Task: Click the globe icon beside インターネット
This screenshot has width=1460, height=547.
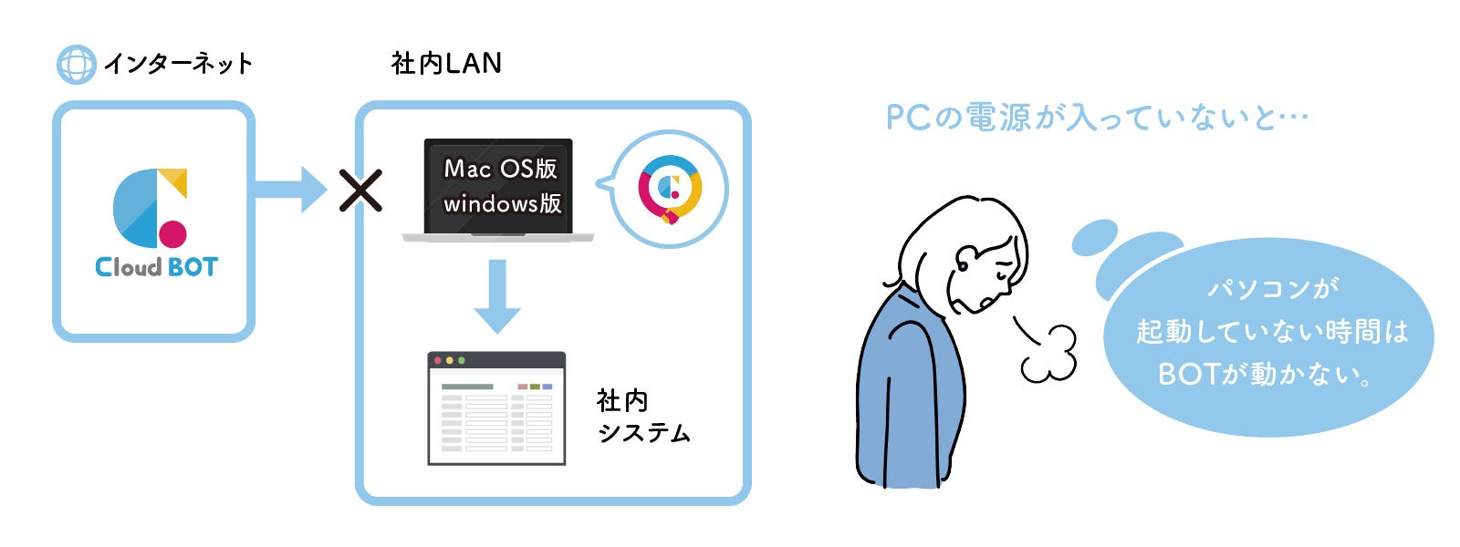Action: coord(76,65)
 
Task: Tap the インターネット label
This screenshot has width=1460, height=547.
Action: coord(177,64)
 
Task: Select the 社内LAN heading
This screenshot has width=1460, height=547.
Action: coord(446,63)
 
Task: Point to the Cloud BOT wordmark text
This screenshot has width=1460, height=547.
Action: coord(156,267)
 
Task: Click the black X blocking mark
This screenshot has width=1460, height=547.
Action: coord(360,191)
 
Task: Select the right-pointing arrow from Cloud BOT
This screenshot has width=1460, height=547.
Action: coord(289,190)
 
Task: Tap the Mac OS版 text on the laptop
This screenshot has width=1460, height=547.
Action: coord(500,169)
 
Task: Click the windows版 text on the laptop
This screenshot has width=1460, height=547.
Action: coord(502,203)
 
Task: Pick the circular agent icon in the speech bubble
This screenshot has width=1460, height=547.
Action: coord(670,189)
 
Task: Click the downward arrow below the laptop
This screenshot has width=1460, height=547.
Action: coord(497,295)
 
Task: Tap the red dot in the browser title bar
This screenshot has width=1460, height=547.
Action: coord(438,361)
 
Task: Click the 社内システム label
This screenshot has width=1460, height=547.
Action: coord(642,417)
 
